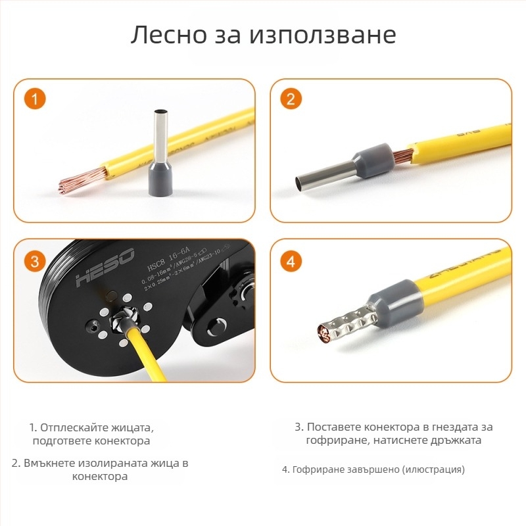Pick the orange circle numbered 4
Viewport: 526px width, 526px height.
(291, 261)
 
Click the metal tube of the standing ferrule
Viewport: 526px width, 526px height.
(160, 131)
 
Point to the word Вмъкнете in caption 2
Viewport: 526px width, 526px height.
(53, 463)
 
